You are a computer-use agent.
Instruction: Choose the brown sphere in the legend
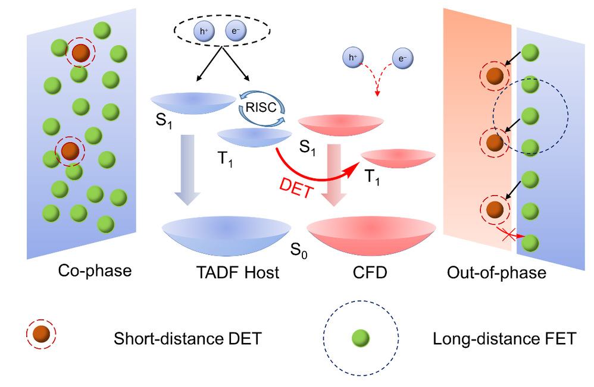[40, 338]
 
